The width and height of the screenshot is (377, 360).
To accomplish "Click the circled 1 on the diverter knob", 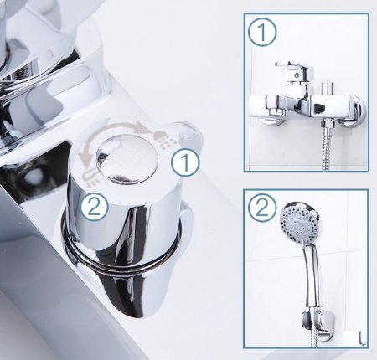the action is pos(185,162).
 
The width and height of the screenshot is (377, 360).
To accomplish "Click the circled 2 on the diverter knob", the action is pos(95,208).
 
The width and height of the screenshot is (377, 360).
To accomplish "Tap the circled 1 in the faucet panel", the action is pos(262,32).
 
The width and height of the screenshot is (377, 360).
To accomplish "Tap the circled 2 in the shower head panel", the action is pos(262,208).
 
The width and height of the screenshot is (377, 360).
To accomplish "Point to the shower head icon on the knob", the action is pos(165,139).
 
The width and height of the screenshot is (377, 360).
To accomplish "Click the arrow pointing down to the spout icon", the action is pos(84,153).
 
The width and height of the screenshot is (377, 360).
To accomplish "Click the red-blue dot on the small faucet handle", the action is pos(297,75).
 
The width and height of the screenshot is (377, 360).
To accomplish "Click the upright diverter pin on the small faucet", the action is pos(325,89).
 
